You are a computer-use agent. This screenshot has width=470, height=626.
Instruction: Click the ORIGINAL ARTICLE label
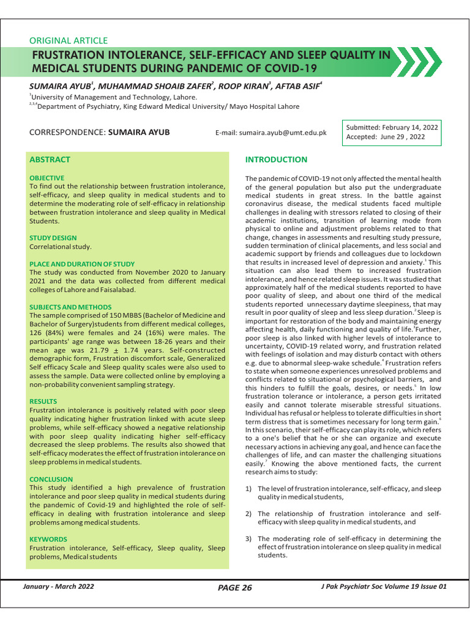(x=69, y=41)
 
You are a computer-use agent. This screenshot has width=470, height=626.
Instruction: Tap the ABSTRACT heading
(x=50, y=160)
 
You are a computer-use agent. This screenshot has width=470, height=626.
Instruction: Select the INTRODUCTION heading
(x=276, y=160)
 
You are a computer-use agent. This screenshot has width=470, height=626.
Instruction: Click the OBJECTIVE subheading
(x=47, y=177)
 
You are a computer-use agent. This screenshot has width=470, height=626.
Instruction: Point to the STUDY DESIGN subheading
(x=53, y=238)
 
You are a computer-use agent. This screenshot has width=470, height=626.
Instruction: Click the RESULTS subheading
(x=43, y=402)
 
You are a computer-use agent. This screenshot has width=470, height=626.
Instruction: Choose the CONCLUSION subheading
(x=51, y=479)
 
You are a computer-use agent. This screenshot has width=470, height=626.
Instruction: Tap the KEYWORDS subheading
(x=48, y=539)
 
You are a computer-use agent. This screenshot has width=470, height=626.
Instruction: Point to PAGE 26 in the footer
(x=235, y=588)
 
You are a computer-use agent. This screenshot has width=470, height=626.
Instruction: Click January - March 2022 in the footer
(x=58, y=587)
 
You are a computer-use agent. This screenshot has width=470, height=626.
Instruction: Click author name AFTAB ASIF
(x=296, y=86)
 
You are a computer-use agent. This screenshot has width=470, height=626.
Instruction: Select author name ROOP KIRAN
(x=242, y=86)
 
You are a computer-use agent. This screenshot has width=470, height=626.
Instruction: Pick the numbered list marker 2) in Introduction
(x=248, y=514)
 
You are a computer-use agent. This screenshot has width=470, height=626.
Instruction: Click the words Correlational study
(x=60, y=247)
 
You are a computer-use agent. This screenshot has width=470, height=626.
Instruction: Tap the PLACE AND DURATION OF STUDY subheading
(x=82, y=263)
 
